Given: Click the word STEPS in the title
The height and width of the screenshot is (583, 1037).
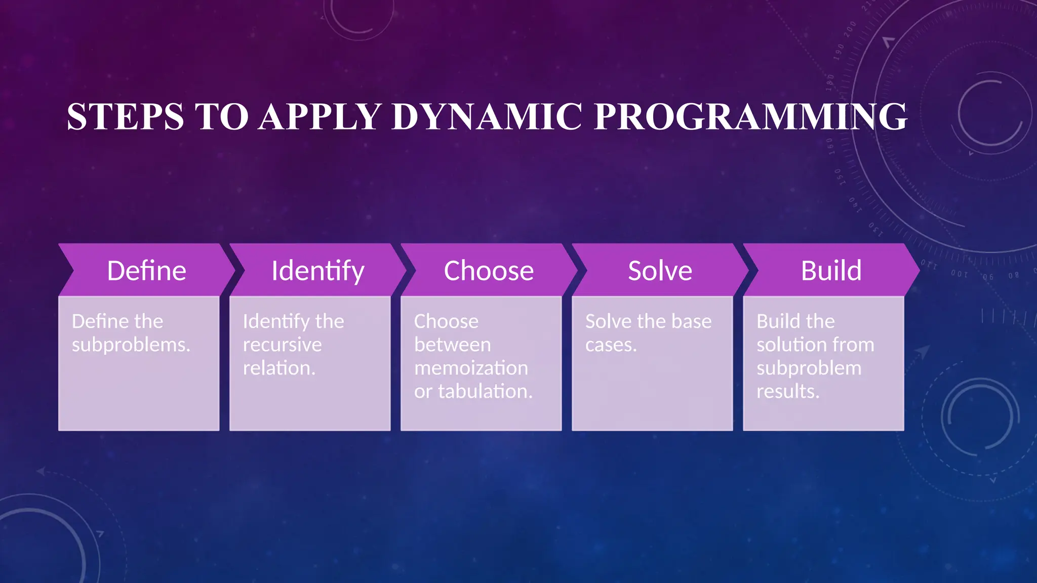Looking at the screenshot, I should pyautogui.click(x=125, y=117).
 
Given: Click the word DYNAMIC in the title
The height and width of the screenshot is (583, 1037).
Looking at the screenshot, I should pyautogui.click(x=487, y=117).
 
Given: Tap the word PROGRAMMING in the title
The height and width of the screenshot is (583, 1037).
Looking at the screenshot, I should pyautogui.click(x=750, y=117).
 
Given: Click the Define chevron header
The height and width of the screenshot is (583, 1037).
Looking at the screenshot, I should pyautogui.click(x=146, y=270).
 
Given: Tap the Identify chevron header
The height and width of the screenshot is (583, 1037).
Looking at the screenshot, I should pyautogui.click(x=317, y=270).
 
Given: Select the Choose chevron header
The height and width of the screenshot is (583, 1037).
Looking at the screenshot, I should pyautogui.click(x=489, y=270).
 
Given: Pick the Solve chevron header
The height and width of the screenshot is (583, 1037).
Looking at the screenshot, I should pyautogui.click(x=660, y=270).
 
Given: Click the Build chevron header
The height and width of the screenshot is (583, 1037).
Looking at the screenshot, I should pyautogui.click(x=831, y=270).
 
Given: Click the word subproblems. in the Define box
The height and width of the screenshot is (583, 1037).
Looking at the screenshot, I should pyautogui.click(x=131, y=345).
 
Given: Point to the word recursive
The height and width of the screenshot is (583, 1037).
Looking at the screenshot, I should pyautogui.click(x=282, y=345).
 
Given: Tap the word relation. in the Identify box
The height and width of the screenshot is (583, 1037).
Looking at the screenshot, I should pyautogui.click(x=279, y=368).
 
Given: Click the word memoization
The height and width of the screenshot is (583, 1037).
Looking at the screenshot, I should pyautogui.click(x=471, y=368).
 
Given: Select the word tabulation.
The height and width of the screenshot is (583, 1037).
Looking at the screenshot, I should pyautogui.click(x=485, y=392).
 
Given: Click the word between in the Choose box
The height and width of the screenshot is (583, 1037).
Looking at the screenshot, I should pyautogui.click(x=452, y=345).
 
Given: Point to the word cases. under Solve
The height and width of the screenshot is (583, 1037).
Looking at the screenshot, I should pyautogui.click(x=611, y=345).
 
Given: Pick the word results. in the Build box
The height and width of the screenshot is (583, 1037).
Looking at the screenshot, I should pyautogui.click(x=787, y=392).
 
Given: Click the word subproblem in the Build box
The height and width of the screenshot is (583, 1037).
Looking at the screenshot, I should pyautogui.click(x=809, y=368).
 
